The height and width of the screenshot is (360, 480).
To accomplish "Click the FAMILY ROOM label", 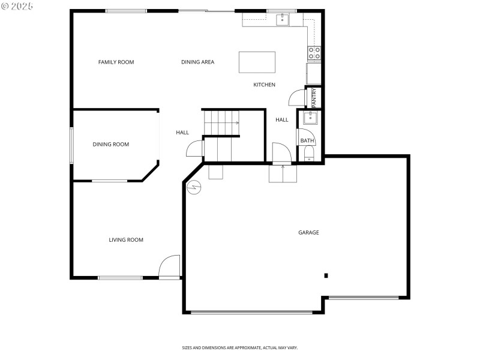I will (116, 62).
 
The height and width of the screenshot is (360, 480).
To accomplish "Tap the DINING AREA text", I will (197, 62).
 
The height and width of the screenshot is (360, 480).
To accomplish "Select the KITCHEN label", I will (264, 85).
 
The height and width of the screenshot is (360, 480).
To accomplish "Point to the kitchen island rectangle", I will (257, 62).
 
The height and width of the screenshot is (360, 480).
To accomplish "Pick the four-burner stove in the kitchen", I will (314, 53).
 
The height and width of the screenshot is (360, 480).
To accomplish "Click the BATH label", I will (307, 141).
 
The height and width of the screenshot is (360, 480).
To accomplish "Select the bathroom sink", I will (310, 118).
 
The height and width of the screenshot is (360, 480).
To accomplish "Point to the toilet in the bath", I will (308, 157).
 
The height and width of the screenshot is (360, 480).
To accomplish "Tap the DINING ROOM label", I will (110, 144).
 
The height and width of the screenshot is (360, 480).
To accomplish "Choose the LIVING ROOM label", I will (126, 240).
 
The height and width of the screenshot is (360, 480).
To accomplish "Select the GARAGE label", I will (308, 232).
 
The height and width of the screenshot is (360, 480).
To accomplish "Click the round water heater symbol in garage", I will (194, 188).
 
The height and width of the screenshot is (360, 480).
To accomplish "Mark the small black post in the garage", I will (326, 275).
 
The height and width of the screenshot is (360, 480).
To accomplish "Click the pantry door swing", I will (297, 98).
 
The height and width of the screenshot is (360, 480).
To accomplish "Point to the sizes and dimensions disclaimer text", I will (240, 347).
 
